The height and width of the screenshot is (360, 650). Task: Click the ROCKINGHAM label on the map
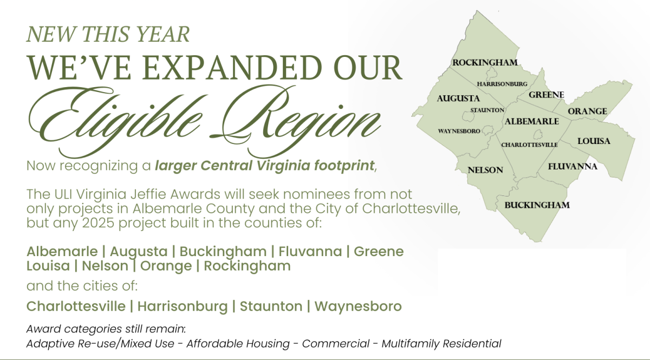coord(485,62)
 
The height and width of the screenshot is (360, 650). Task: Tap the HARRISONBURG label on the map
coord(502,84)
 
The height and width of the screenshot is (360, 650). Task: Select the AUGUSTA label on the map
coord(458,99)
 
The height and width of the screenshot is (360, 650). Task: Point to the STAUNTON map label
coord(487,110)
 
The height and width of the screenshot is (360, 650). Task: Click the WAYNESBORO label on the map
coord(459,131)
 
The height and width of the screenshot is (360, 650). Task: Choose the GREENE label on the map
coord(547,95)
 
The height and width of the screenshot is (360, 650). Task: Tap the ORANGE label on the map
coord(587,111)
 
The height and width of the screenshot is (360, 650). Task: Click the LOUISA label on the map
coord(594,141)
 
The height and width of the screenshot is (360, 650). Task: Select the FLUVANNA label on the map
coord(573,166)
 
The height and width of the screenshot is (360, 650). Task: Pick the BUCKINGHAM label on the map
coord(537,205)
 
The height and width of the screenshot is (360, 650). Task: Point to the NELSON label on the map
coord(485,170)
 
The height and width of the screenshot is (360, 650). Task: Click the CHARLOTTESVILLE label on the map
coord(529,145)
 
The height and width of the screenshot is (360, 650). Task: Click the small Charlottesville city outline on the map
coord(538,134)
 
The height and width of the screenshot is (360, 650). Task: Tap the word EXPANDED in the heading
coord(232,68)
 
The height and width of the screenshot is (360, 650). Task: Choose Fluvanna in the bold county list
coord(310,251)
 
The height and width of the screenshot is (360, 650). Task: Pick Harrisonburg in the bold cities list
coord(183,306)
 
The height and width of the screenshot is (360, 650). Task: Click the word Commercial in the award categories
coord(336,343)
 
